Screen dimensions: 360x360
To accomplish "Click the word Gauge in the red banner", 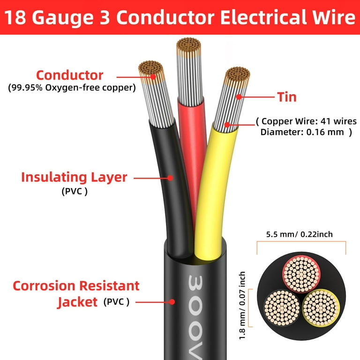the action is [62, 18].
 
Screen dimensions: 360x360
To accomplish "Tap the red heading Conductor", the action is [69, 75].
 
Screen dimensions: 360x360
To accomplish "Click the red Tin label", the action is [287, 97].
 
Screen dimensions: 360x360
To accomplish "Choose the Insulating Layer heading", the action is [74, 178].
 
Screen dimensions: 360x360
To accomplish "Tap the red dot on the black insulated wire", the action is [170, 178].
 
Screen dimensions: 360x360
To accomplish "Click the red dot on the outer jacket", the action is [172, 302].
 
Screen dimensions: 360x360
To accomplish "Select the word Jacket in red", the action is [77, 302].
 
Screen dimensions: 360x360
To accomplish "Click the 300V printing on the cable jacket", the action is [195, 317].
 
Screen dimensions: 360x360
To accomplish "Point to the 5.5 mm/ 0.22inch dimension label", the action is [300, 234].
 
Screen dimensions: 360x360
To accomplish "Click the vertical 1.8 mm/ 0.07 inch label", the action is [242, 305].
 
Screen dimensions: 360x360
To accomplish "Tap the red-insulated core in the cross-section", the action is [301, 274].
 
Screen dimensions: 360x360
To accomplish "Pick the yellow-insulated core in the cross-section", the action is [321, 307].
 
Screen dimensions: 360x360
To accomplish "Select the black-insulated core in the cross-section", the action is [282, 307].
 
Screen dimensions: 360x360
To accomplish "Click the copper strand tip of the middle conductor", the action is [189, 45].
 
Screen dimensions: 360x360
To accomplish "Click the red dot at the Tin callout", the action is [239, 97].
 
